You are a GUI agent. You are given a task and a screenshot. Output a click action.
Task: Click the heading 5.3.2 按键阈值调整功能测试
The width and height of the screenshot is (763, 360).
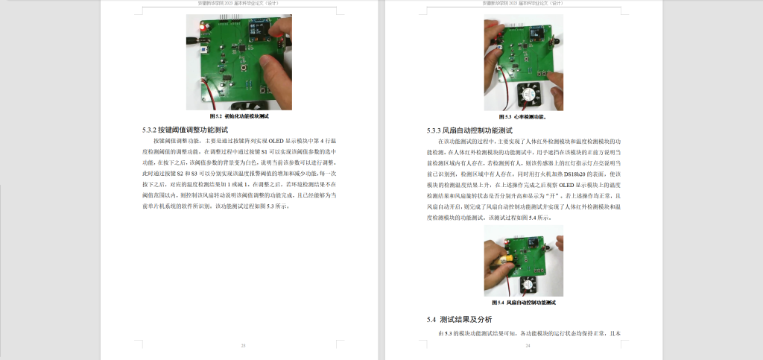click(x=191, y=130)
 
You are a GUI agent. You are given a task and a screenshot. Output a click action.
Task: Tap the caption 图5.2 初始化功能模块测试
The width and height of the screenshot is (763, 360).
click(x=238, y=117)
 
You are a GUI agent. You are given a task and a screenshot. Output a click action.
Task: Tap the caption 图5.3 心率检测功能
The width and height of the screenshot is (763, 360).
click(x=523, y=117)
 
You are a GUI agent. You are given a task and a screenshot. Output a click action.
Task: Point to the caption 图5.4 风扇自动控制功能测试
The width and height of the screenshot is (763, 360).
click(x=524, y=303)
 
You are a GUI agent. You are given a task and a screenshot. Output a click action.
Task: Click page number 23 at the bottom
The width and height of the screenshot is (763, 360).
click(x=243, y=346)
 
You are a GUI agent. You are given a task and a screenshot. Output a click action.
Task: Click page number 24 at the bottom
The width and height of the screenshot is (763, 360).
click(x=528, y=346)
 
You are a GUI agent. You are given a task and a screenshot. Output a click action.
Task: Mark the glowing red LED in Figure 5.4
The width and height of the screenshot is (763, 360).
click(x=506, y=243)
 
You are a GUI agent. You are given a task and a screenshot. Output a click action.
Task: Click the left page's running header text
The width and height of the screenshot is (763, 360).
click(x=238, y=3)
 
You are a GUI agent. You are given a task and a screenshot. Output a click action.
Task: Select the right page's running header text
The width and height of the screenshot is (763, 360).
click(x=523, y=3)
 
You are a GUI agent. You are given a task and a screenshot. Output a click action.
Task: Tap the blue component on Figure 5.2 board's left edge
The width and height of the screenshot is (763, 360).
click(x=203, y=51)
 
